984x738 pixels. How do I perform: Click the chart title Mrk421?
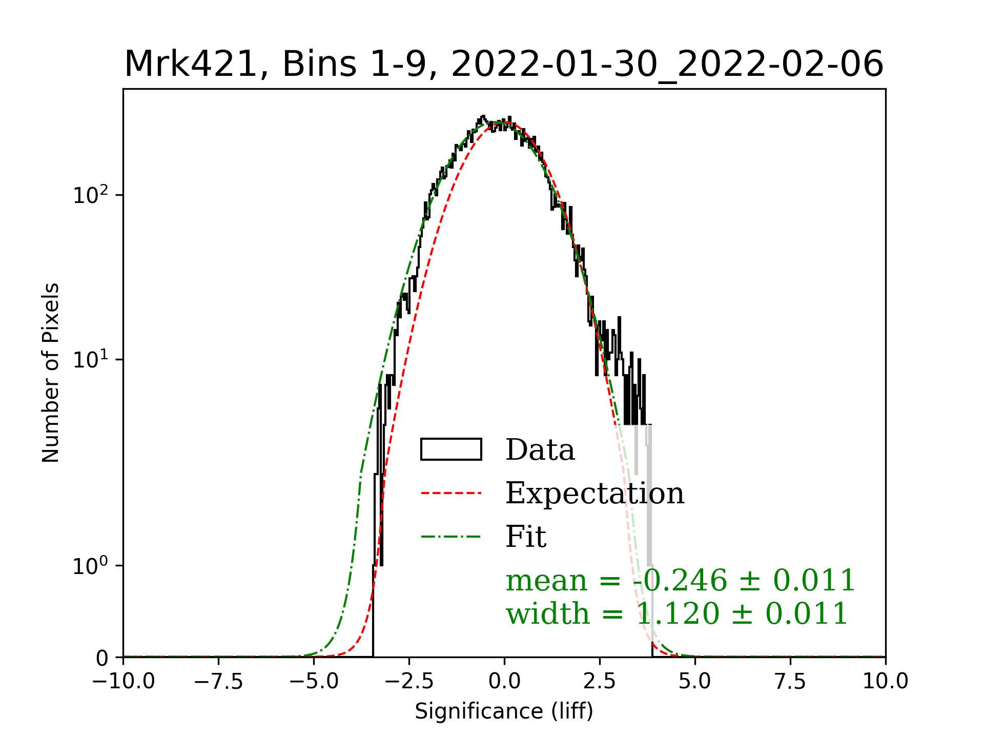(504, 65)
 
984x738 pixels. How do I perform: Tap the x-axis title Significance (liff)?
(504, 711)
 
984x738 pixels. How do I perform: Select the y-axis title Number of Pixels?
(51, 373)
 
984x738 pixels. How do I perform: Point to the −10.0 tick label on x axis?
(124, 682)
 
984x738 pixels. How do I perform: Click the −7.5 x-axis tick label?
(218, 682)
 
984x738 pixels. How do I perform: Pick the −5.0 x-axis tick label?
(314, 682)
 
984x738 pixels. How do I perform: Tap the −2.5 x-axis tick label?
(409, 682)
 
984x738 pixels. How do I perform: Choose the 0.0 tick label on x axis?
(504, 682)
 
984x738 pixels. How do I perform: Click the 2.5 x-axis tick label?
(600, 682)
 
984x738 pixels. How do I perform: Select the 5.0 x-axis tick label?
(695, 682)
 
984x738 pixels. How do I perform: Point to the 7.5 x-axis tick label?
(790, 682)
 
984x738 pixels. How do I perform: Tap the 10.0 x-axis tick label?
(885, 682)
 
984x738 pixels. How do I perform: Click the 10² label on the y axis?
(91, 195)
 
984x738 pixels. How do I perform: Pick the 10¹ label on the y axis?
(91, 360)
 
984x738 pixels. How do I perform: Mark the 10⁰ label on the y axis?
(91, 566)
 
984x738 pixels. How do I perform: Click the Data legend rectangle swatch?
(451, 449)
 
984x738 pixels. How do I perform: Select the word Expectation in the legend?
(594, 494)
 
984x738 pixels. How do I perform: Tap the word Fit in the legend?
(526, 537)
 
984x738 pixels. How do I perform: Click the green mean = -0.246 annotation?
(681, 581)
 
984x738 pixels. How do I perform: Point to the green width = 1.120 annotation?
(676, 614)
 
